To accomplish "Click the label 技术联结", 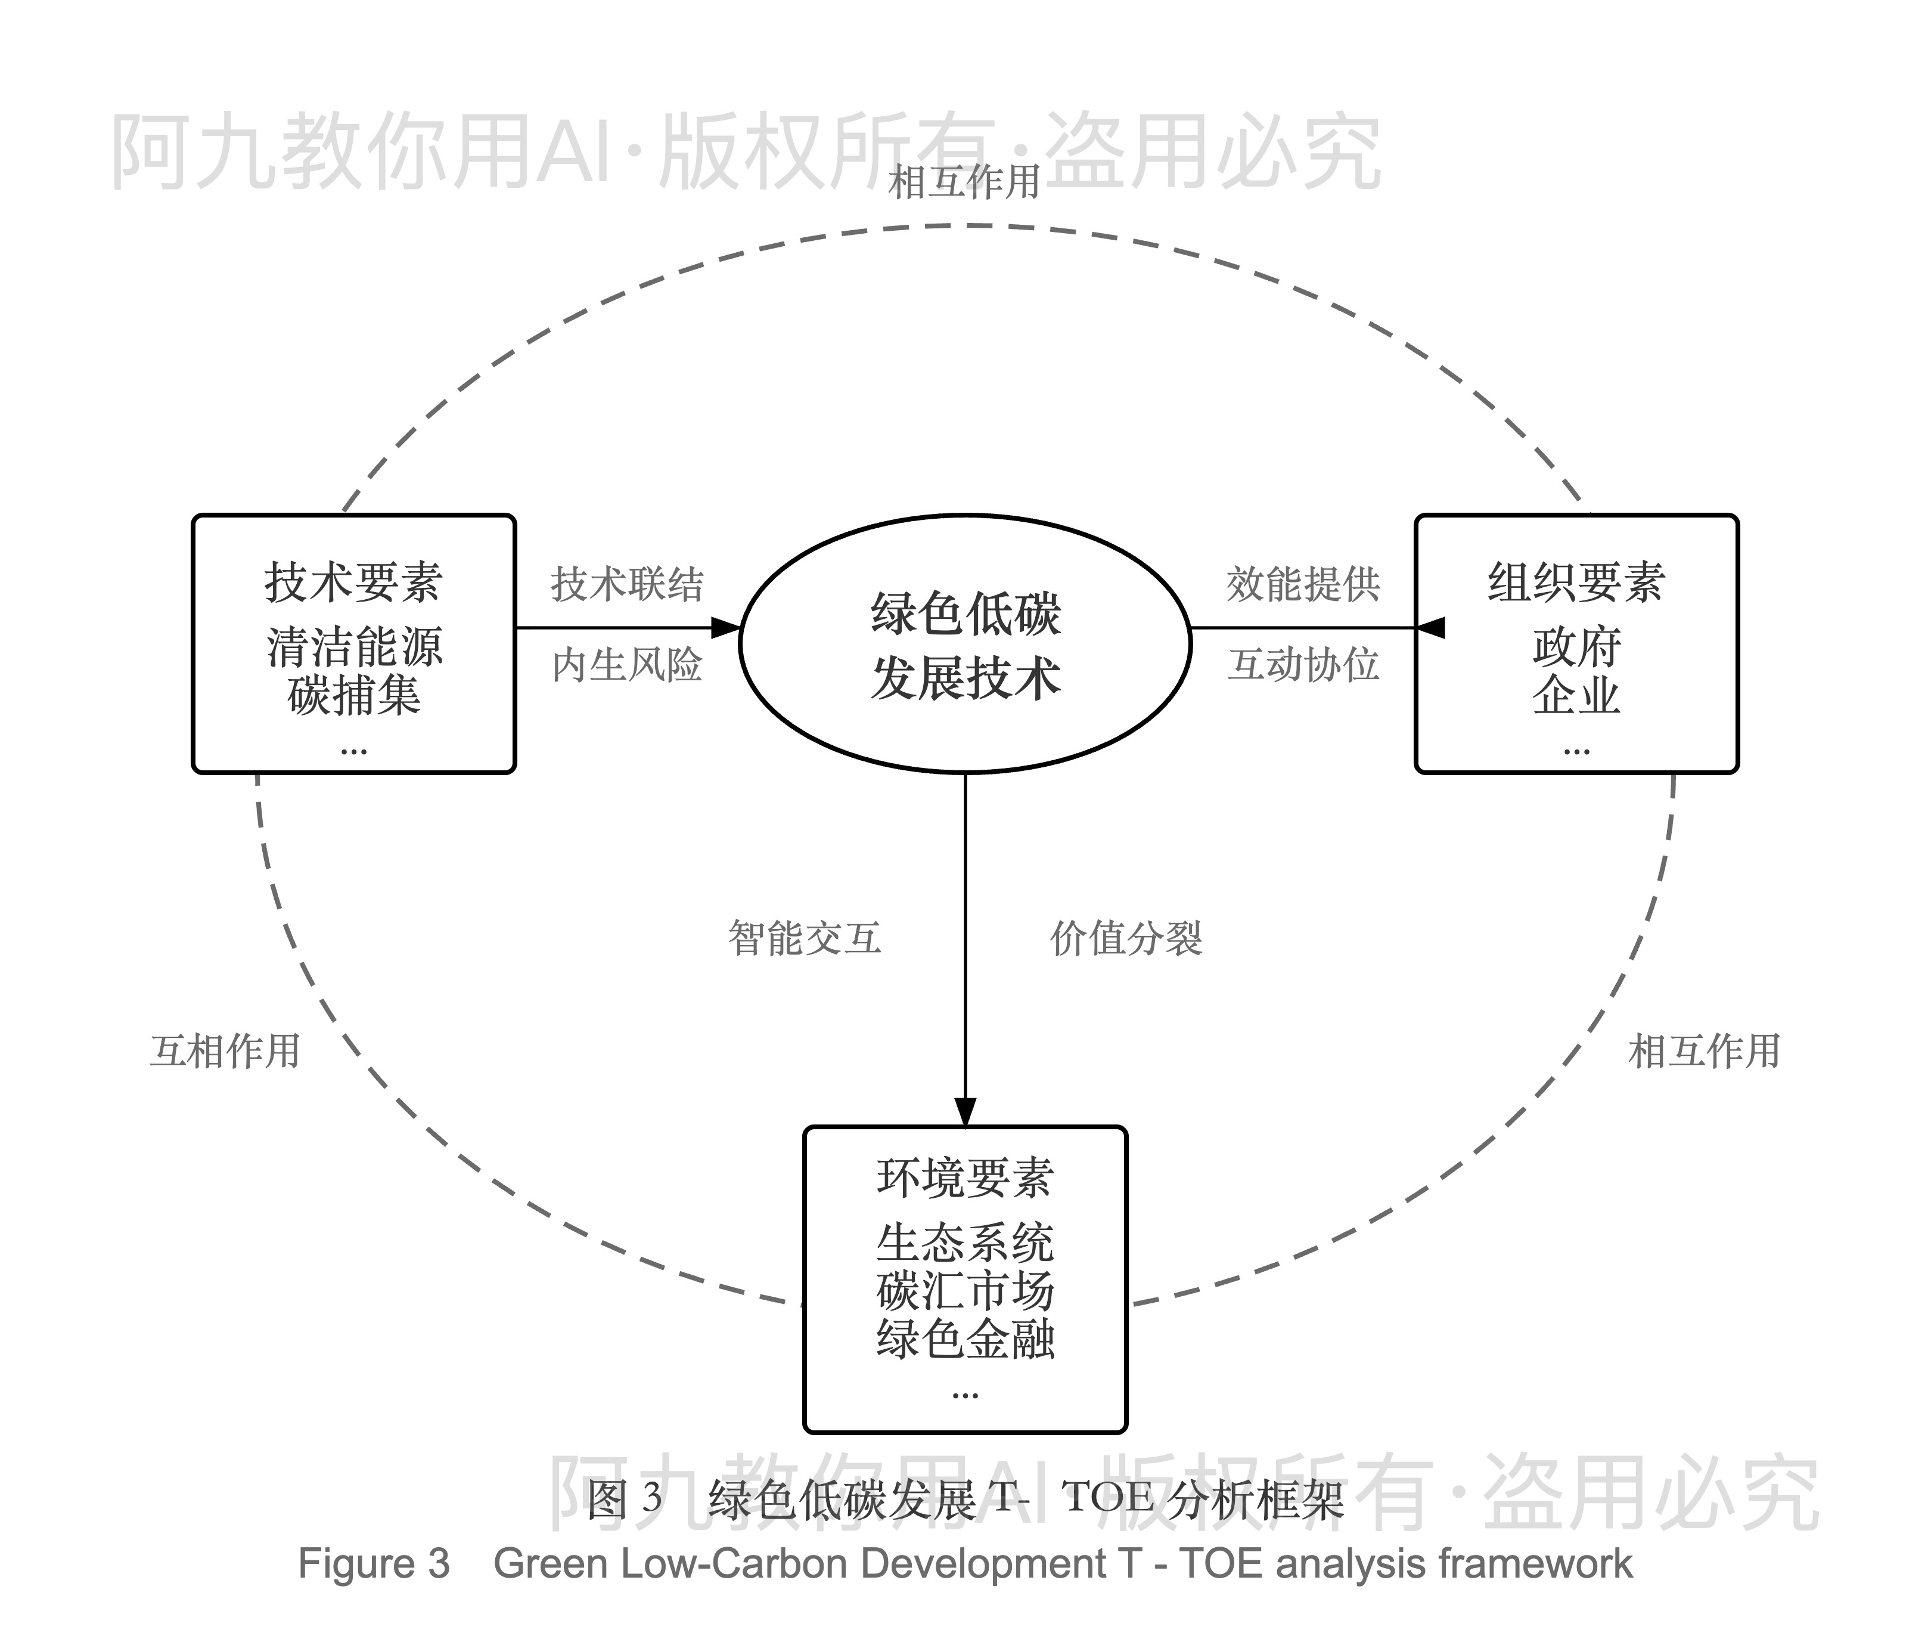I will pyautogui.click(x=626, y=584).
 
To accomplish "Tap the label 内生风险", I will pyautogui.click(x=626, y=665).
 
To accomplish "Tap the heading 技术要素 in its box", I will pyautogui.click(x=353, y=583).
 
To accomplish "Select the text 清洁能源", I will pyautogui.click(x=353, y=647).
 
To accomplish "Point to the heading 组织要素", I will pyautogui.click(x=1576, y=583).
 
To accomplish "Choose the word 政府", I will pyautogui.click(x=1576, y=647).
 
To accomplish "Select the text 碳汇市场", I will pyautogui.click(x=965, y=1291).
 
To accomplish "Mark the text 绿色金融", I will pyautogui.click(x=965, y=1340).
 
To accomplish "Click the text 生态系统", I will pyautogui.click(x=965, y=1243).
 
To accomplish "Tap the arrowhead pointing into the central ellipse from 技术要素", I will pyautogui.click(x=726, y=627).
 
